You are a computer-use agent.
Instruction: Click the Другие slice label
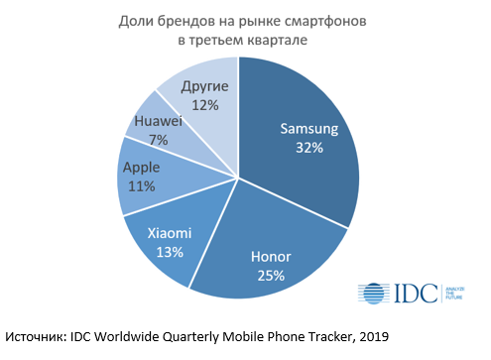205,86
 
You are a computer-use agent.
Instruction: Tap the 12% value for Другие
205,105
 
